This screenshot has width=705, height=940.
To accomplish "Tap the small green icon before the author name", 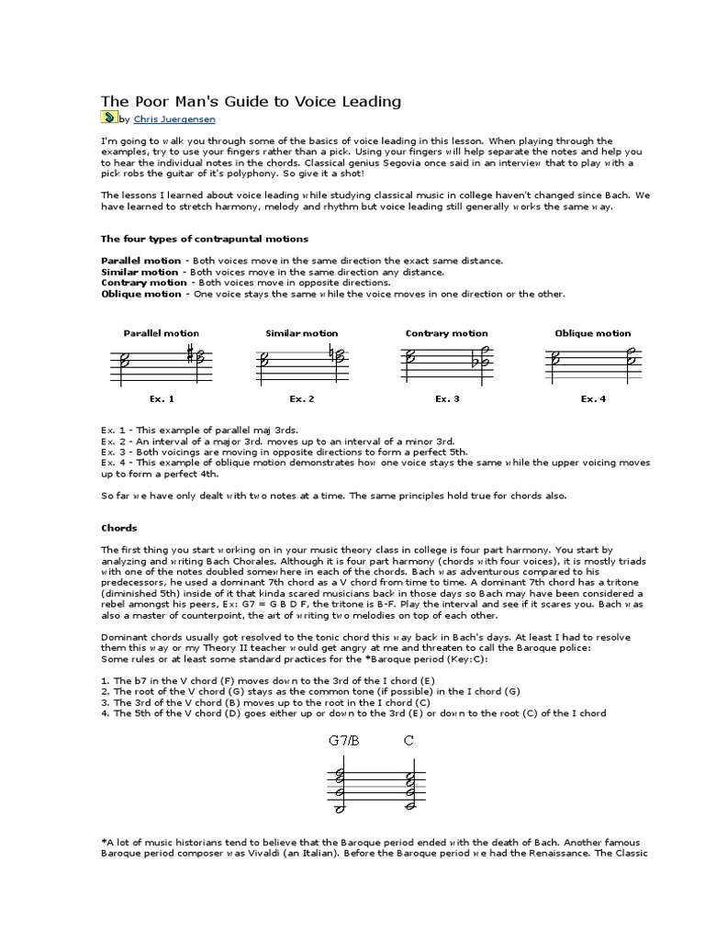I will point(108,117).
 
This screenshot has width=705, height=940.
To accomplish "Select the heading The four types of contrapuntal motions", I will point(204,239).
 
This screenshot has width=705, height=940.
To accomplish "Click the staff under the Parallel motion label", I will point(161,362).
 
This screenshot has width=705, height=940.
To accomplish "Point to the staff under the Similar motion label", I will point(302,362).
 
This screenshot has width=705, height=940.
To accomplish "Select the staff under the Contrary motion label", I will point(446,362).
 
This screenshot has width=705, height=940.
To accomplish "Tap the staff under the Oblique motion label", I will point(592,362).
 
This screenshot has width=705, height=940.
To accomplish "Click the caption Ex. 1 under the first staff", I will point(161,398).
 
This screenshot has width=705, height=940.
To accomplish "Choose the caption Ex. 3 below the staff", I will point(447,398).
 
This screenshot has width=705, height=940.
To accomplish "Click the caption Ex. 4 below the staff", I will point(593,398).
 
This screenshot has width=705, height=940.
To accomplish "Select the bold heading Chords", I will point(118,528).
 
